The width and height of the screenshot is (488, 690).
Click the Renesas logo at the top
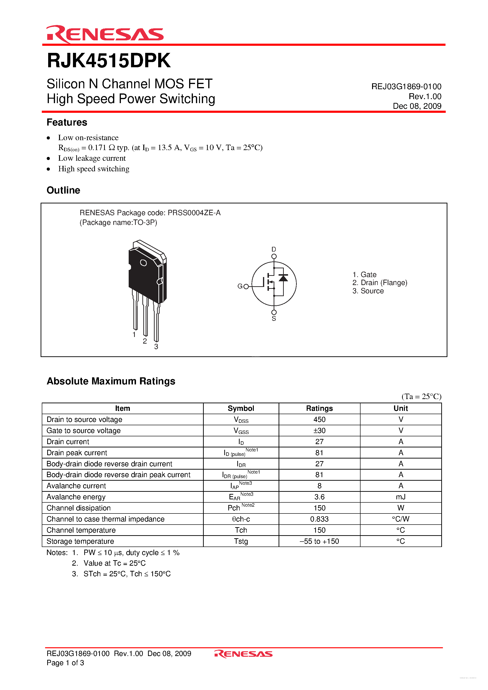[x=105, y=34]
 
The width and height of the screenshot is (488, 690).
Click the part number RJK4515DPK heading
[x=109, y=61]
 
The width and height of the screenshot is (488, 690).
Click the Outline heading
[x=64, y=190]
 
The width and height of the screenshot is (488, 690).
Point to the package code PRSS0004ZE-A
[x=194, y=213]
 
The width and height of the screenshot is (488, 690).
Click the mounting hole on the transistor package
[x=143, y=263]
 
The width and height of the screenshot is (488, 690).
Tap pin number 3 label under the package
[x=156, y=346]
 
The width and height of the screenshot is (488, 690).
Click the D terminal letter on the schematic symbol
[x=274, y=249]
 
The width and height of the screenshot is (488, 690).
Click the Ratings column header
[x=319, y=408]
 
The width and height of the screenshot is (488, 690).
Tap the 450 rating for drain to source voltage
[x=319, y=420]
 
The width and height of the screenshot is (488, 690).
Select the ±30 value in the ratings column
[x=319, y=431]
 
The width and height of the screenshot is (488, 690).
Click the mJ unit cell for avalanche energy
[x=400, y=497]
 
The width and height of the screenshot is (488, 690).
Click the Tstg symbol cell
[x=241, y=541]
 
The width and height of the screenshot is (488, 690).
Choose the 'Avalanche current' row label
[x=76, y=486]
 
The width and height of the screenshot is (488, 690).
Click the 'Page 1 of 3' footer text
[x=65, y=663]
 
